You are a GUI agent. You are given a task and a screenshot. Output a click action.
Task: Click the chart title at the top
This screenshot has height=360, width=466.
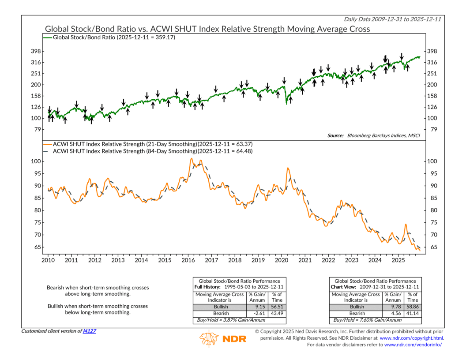click(x=207, y=29)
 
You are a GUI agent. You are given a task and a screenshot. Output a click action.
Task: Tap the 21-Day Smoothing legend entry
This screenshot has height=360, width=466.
click(x=152, y=144)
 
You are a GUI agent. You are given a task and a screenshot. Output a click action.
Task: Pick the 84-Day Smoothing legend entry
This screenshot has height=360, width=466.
click(x=152, y=151)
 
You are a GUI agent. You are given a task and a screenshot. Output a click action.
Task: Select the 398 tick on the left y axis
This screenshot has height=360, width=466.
click(x=35, y=51)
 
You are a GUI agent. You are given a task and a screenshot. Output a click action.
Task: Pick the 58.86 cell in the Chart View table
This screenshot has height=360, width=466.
click(x=412, y=307)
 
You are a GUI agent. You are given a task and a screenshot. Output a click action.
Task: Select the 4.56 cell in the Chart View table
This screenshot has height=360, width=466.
click(x=392, y=313)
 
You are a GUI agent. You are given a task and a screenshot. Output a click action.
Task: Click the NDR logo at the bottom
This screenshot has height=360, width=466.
click(x=223, y=338)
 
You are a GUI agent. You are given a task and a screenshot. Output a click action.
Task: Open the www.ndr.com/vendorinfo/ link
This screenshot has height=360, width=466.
click(x=413, y=345)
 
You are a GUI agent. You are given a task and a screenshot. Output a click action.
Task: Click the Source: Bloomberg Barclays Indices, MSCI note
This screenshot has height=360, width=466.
click(x=374, y=135)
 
